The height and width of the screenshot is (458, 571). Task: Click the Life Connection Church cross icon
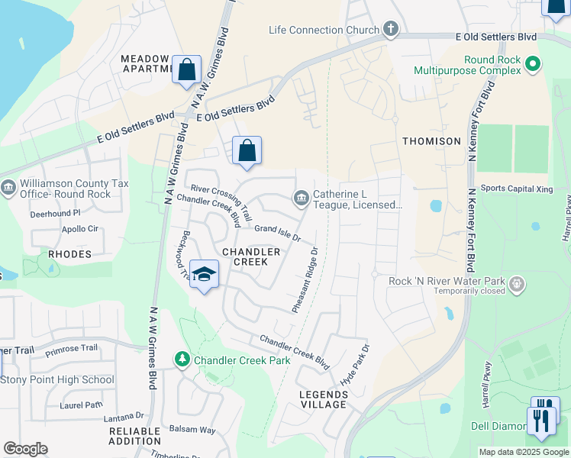coord(391,30)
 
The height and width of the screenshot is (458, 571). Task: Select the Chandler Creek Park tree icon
coord(182,359)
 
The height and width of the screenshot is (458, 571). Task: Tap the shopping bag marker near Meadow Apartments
coord(186,70)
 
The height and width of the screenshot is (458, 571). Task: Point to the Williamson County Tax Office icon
coord(8,187)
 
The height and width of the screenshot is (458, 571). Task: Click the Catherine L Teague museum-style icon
coord(302,199)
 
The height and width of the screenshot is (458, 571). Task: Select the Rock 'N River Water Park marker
coord(518,285)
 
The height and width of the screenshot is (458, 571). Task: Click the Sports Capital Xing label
coord(515,188)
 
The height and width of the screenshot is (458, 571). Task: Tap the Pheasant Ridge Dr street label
coord(305,279)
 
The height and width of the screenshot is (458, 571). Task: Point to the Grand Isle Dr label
coord(278,232)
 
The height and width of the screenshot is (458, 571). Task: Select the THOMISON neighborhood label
coord(432,141)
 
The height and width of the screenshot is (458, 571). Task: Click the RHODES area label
coord(69,253)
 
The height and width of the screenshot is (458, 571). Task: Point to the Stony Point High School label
coord(57,379)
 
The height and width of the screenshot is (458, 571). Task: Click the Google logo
coord(25,448)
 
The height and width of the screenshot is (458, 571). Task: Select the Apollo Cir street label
coord(80,228)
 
